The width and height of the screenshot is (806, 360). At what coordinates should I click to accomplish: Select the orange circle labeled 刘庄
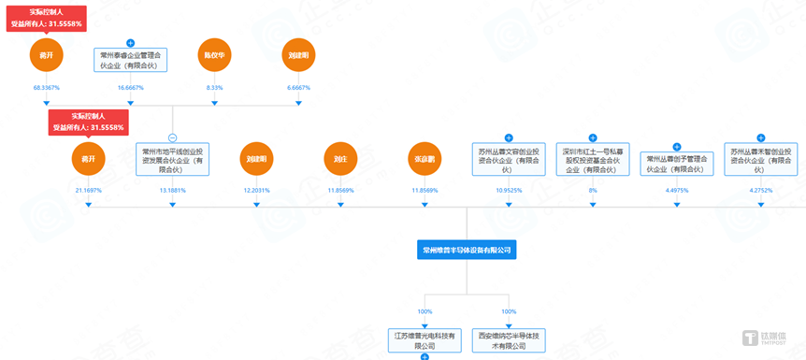tap(340, 160)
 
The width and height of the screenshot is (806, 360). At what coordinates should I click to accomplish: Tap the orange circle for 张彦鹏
tap(425, 160)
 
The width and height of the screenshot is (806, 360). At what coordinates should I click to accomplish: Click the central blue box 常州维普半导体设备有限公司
tap(467, 250)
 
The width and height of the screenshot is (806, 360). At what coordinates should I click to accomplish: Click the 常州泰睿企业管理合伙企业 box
tap(130, 61)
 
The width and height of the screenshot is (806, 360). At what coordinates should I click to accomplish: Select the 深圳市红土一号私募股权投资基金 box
tap(593, 160)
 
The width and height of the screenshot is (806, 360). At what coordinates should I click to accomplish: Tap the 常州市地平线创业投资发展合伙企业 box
tap(172, 160)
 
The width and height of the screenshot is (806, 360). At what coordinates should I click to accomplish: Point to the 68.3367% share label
tap(46, 87)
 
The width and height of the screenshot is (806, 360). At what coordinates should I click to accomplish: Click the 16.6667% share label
tap(130, 87)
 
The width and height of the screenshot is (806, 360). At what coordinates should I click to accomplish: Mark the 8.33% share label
tap(214, 87)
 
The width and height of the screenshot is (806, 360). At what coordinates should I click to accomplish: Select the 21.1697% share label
tap(88, 190)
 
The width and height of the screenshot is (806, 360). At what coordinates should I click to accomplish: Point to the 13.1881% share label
tap(172, 190)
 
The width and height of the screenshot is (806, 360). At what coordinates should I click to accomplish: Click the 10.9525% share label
tap(509, 190)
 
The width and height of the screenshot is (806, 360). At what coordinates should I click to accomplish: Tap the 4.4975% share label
tap(676, 190)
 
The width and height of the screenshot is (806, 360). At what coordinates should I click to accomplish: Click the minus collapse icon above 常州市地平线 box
tap(172, 137)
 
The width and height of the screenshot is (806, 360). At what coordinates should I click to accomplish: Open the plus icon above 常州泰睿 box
tap(130, 42)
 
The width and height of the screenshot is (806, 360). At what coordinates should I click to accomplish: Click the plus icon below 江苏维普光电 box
tap(425, 356)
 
